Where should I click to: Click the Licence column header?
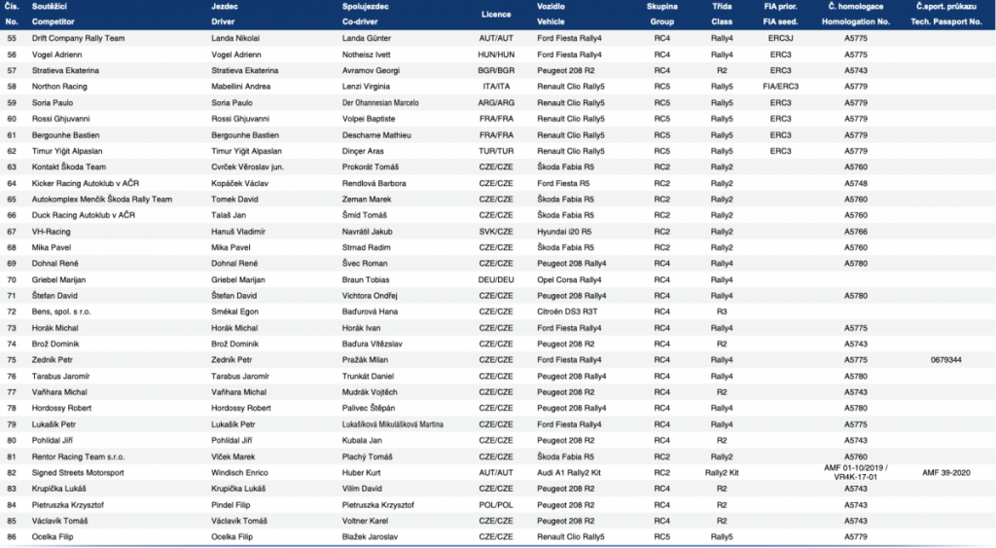[496, 14]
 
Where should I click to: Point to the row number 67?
[12, 231]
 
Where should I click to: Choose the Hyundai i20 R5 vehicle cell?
[566, 231]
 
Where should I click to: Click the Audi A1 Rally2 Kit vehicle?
[570, 472]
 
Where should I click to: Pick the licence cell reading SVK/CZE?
[496, 231]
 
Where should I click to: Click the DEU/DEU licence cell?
[496, 279]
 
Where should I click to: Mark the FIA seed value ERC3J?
[780, 38]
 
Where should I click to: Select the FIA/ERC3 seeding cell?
[780, 86]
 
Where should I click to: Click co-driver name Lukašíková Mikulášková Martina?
[399, 423]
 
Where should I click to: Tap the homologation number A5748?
[856, 182]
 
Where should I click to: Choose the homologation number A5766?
[856, 231]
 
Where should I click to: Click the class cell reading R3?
[722, 311]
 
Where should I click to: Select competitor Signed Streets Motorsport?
[78, 472]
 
